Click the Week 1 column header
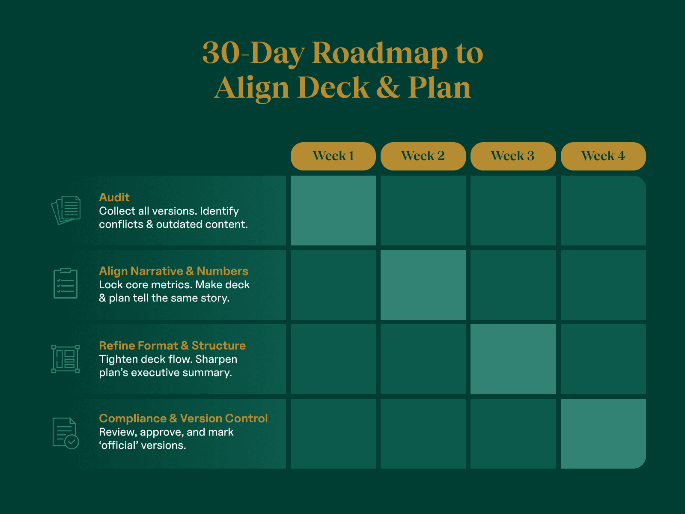(333, 156)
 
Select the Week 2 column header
(423, 156)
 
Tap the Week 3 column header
(513, 156)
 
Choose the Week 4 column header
(603, 156)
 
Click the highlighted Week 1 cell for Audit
(333, 210)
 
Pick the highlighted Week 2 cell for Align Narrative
(423, 285)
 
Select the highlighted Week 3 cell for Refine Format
(513, 359)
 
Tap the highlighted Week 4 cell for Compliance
(603, 433)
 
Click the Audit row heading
(114, 197)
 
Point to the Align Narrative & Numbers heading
(173, 271)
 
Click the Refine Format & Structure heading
(172, 346)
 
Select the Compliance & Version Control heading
(183, 418)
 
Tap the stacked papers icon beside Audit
(66, 210)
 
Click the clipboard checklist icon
(66, 283)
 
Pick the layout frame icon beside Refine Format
(66, 359)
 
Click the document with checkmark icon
(66, 433)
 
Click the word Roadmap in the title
(380, 54)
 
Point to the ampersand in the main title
(389, 88)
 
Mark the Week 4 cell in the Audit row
(603, 210)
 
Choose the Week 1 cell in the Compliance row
(333, 433)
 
